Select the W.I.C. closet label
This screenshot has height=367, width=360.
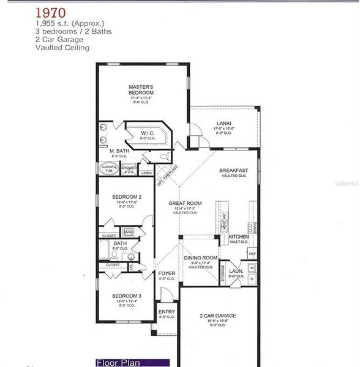click(148, 133)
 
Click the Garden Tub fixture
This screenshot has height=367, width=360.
click(108, 169)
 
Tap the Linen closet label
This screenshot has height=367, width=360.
click(146, 173)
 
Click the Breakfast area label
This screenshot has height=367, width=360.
click(234, 171)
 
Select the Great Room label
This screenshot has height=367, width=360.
click(185, 203)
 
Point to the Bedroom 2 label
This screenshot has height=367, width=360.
click(127, 197)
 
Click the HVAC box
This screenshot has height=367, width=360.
click(129, 232)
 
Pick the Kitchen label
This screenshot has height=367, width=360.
click(239, 236)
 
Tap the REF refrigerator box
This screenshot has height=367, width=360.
click(252, 253)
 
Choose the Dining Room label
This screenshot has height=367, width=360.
click(201, 258)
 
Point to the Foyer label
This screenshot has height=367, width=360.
click(167, 273)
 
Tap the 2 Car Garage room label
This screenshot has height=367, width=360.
click(218, 316)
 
